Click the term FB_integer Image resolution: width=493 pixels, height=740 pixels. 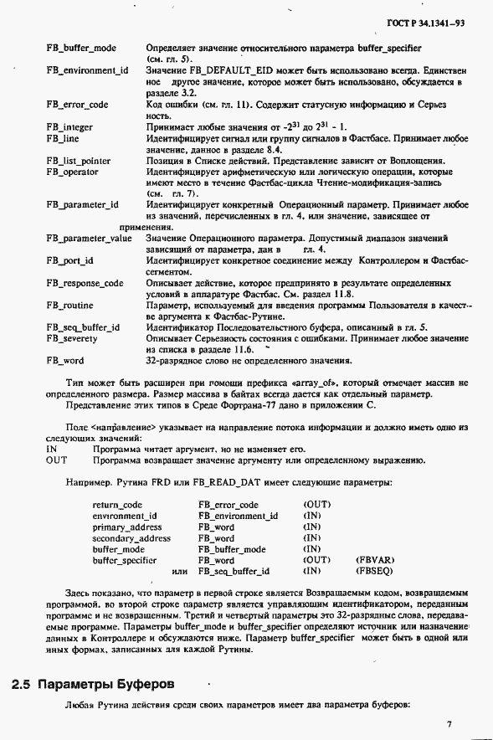(69, 126)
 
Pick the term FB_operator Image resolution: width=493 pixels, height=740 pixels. (72, 172)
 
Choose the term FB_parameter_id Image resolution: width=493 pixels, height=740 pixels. (82, 204)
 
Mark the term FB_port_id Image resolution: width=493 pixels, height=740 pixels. (69, 260)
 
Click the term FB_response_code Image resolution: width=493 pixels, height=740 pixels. (85, 283)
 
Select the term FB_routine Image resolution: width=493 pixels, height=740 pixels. (69, 306)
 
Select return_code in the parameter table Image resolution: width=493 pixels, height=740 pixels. (117, 505)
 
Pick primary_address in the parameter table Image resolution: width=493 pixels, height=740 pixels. (127, 527)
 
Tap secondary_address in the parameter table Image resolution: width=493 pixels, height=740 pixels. (131, 538)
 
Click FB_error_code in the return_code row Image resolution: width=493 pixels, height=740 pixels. (229, 505)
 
